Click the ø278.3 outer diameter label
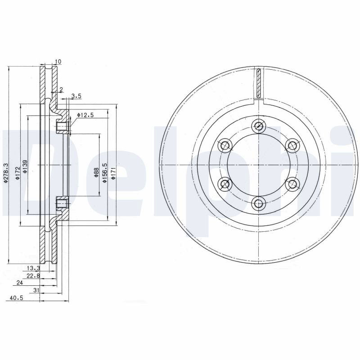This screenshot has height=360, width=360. coord(6,173)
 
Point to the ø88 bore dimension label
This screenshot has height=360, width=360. coord(96,172)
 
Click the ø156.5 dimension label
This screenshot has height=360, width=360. coord(105,173)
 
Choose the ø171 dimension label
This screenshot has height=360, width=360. coord(113,173)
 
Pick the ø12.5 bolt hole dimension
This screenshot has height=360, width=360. coord(85,115)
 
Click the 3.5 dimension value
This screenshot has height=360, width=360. coord(76,96)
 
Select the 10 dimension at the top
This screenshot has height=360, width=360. coord(58,62)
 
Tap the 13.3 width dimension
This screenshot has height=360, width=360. coord(33,268)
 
